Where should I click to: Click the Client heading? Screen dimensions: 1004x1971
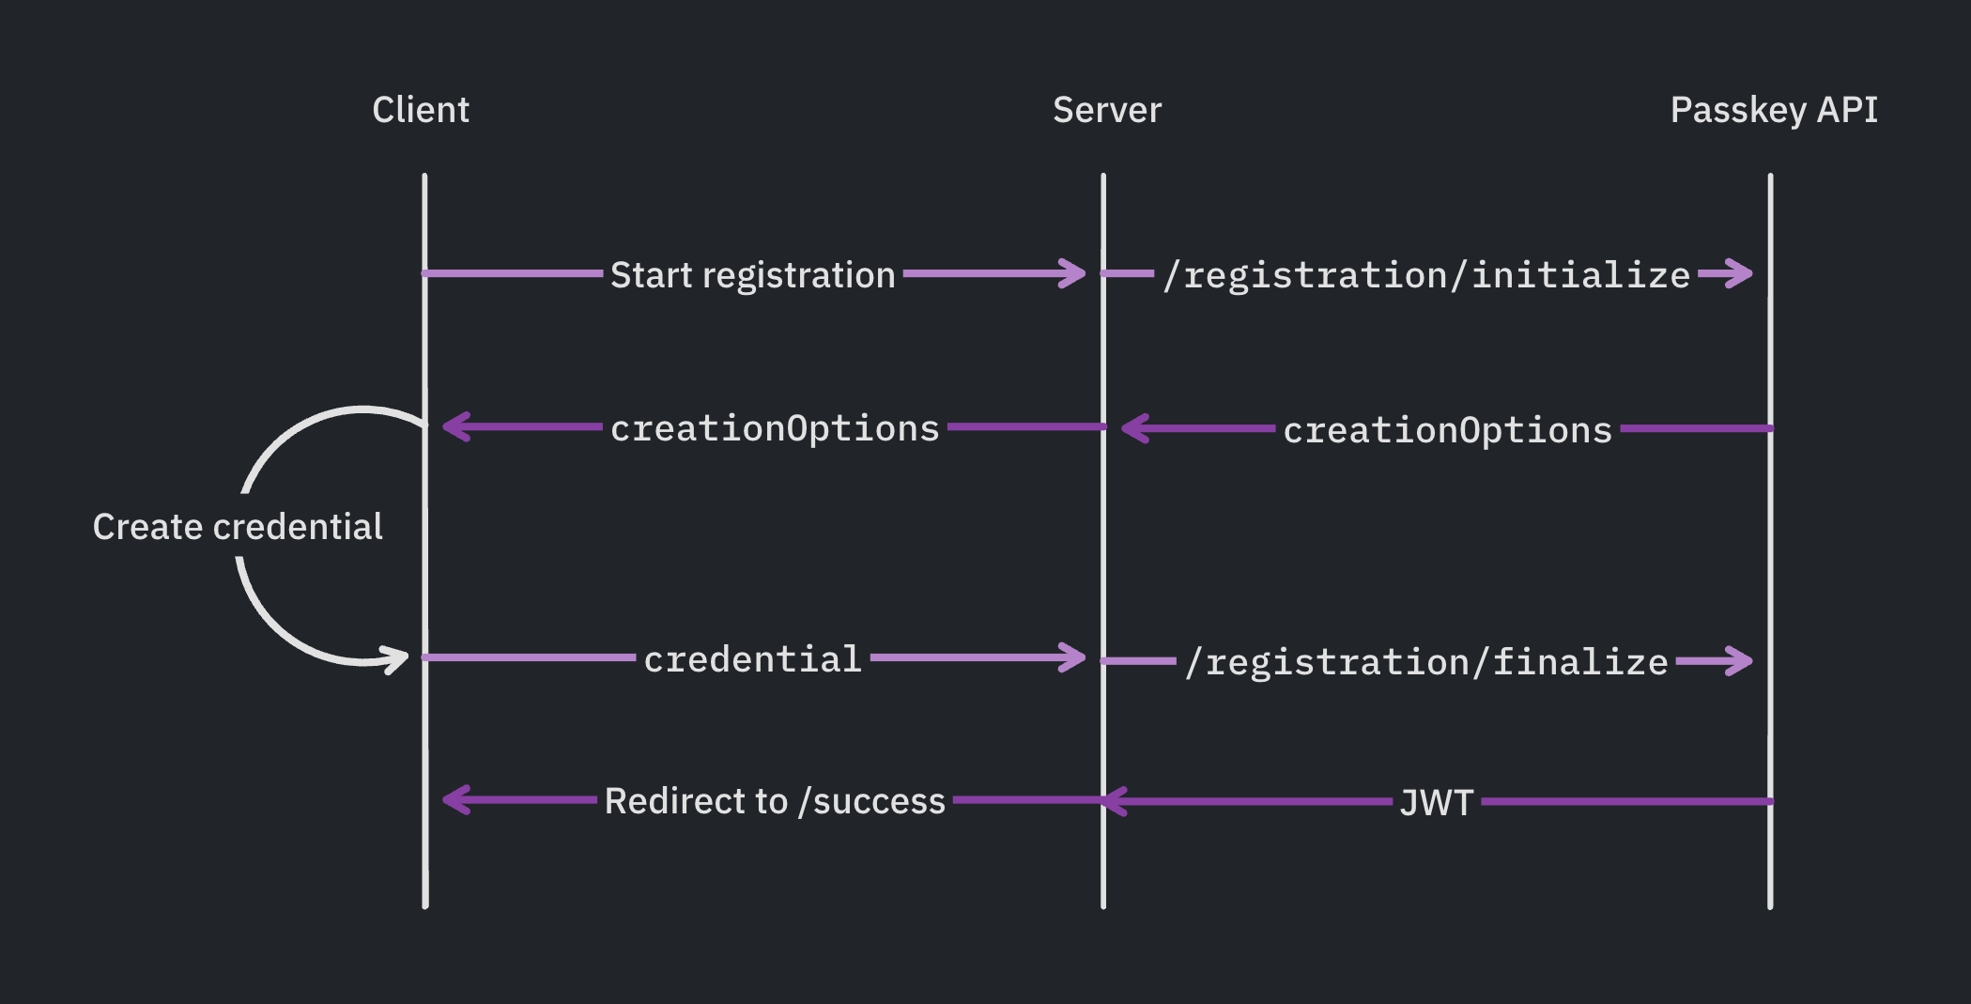pyautogui.click(x=421, y=110)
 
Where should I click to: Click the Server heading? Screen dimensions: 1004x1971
pyautogui.click(x=1106, y=110)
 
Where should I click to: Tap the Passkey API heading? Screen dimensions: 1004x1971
pyautogui.click(x=1773, y=110)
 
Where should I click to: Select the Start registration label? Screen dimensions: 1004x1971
pyautogui.click(x=752, y=275)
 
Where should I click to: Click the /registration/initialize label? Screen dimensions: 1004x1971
pyautogui.click(x=1426, y=275)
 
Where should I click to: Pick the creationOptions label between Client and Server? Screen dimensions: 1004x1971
pyautogui.click(x=775, y=428)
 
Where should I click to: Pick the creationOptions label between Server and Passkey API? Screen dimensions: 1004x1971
pyautogui.click(x=1447, y=430)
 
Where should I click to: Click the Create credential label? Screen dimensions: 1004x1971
pyautogui.click(x=238, y=527)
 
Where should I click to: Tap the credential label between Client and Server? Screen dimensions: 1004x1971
pyautogui.click(x=752, y=659)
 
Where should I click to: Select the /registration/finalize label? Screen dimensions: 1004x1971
pyautogui.click(x=1426, y=662)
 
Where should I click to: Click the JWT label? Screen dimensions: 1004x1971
pyautogui.click(x=1436, y=803)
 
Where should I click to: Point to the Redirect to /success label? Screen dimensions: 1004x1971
pyautogui.click(x=775, y=801)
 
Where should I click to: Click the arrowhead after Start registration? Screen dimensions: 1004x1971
pyautogui.click(x=1071, y=273)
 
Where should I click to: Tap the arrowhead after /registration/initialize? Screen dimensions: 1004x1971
pyautogui.click(x=1739, y=273)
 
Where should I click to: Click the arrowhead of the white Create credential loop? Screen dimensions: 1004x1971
pyautogui.click(x=395, y=658)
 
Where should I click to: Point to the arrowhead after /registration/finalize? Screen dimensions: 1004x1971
pyautogui.click(x=1739, y=661)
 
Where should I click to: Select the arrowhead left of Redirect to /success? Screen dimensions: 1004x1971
pyautogui.click(x=456, y=800)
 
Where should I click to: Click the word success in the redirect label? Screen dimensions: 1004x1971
pyautogui.click(x=879, y=801)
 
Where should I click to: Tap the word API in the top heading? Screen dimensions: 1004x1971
pyautogui.click(x=1846, y=110)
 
